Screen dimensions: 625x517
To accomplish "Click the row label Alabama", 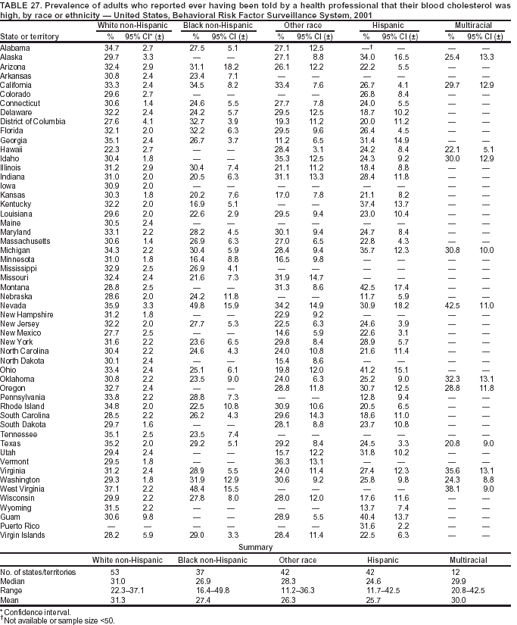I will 15,48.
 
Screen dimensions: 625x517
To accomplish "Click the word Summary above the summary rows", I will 255,545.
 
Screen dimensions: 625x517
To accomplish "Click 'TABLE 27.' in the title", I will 20,5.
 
